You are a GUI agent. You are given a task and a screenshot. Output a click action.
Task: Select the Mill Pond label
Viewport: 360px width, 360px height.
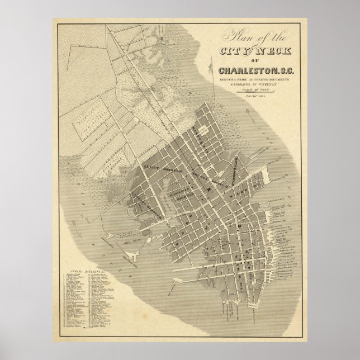[130, 242]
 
